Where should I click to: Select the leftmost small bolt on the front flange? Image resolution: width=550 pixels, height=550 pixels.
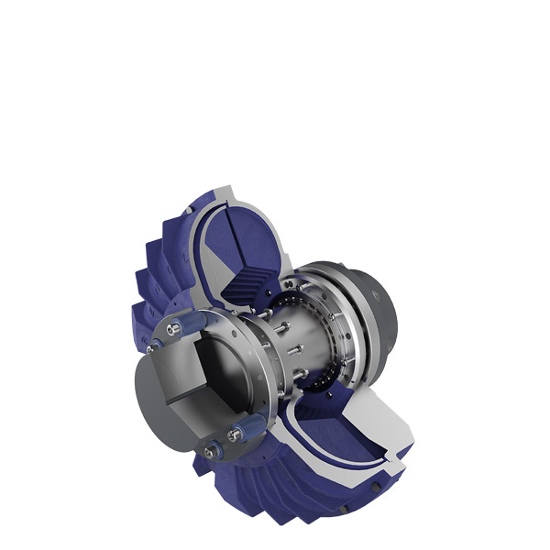pos(151,346)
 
